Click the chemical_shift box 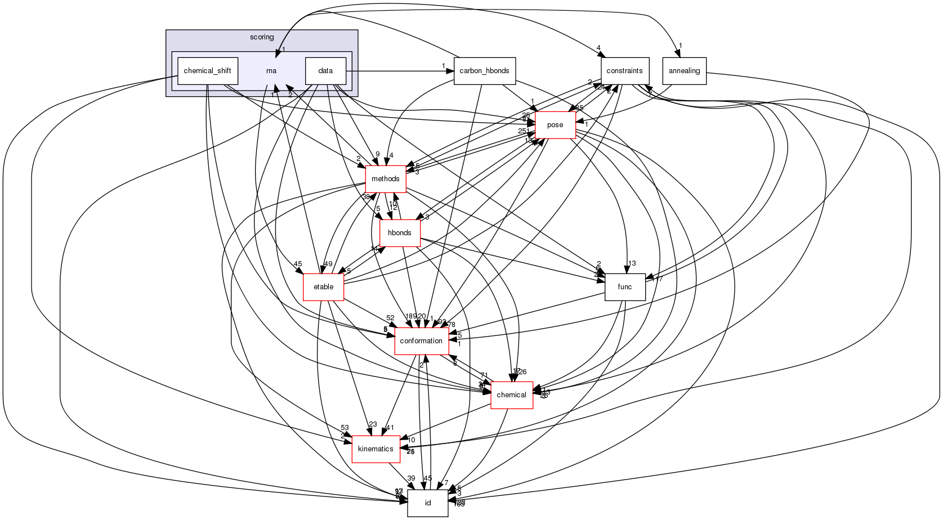coord(208,71)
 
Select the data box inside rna coord(325,71)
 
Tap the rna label coord(271,71)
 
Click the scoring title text coord(262,37)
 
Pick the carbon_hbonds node coord(484,71)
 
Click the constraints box coord(625,71)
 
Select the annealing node coord(685,71)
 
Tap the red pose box coord(555,125)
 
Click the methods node coord(386,179)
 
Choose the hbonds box coord(400,233)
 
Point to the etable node coord(324,287)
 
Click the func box coord(625,287)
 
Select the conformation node coord(421,341)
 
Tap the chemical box coord(512,395)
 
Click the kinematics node coord(376,449)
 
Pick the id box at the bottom coord(428,503)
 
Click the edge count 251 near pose coord(524,131)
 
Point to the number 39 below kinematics coord(411,478)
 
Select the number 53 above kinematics coord(345,428)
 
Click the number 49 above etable coord(328,264)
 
